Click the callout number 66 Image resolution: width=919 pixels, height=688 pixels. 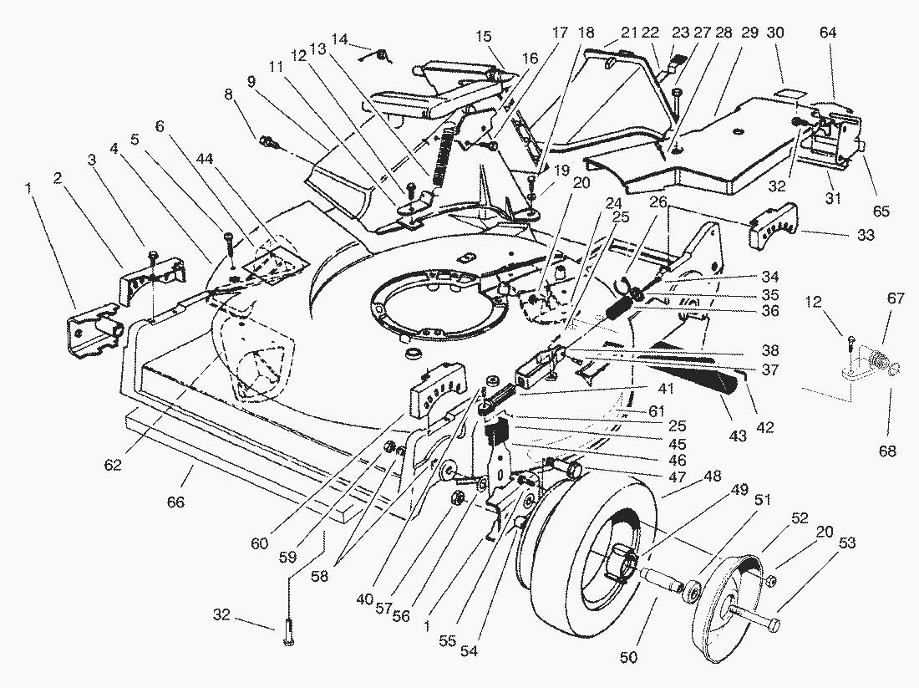pos(175,502)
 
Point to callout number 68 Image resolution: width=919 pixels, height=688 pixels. pos(886,451)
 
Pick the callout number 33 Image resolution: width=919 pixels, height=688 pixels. pos(865,237)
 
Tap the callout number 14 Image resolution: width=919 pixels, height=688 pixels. pos(339,39)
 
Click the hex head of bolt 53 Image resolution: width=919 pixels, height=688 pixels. pos(773,625)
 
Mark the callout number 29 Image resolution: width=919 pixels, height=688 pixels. pos(749,33)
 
